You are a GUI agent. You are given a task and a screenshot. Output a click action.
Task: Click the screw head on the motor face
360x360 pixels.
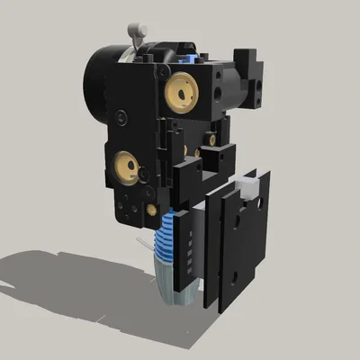click(x=120, y=117)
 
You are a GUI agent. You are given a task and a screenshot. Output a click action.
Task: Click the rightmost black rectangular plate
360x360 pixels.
click(x=241, y=238)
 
